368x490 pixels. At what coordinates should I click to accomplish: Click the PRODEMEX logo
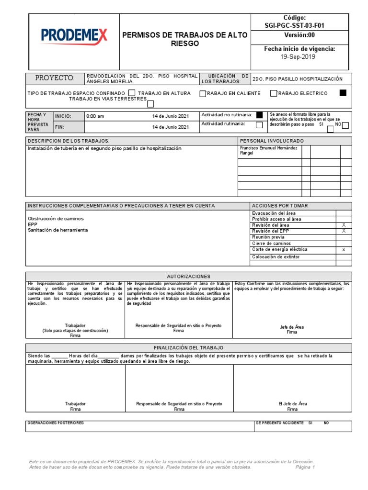pos(74,35)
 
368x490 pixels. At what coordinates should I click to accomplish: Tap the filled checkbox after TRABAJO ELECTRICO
pos(343,93)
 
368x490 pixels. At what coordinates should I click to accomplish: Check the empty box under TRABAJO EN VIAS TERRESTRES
pos(150,103)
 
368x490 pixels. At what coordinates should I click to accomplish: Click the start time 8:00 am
pos(95,116)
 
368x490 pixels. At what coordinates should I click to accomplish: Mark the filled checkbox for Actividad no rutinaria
pos(259,115)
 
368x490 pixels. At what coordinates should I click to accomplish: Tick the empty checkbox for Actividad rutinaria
pos(259,125)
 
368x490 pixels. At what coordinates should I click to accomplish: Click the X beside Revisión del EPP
pos(343,231)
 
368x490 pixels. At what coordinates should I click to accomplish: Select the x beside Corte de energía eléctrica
pos(343,250)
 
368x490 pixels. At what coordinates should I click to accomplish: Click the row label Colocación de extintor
pos(276,257)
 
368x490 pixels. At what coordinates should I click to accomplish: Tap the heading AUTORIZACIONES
pos(188,277)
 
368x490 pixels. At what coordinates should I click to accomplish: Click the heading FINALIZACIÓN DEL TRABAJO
pos(188,348)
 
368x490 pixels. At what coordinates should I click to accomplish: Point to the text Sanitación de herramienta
pos(57,230)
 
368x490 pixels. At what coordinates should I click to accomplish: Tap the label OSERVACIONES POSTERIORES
pos(56,423)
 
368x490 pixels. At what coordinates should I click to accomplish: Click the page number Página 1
pos(305,468)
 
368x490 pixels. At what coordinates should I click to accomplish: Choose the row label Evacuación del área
pos(274,213)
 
